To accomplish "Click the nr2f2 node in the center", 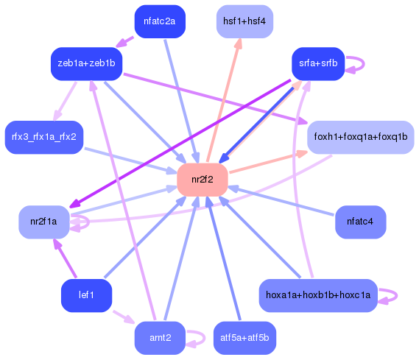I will pyautogui.click(x=202, y=180).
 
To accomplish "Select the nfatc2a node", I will pyautogui.click(x=160, y=21).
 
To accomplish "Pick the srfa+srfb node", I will pyautogui.click(x=318, y=64).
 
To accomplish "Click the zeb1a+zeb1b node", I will pyautogui.click(x=86, y=64).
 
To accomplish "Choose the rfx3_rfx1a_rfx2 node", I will pyautogui.click(x=44, y=137).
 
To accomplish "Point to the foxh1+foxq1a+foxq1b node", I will pyautogui.click(x=360, y=137).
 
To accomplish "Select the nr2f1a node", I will pyautogui.click(x=44, y=221).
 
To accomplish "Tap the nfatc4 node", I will pyautogui.click(x=360, y=221).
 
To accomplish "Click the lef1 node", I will pyautogui.click(x=86, y=295).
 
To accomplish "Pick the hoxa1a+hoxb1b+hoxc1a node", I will pyautogui.click(x=318, y=295).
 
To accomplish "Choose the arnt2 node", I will pyautogui.click(x=160, y=338).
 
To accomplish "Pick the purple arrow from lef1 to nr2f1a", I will pyautogui.click(x=65, y=258).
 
